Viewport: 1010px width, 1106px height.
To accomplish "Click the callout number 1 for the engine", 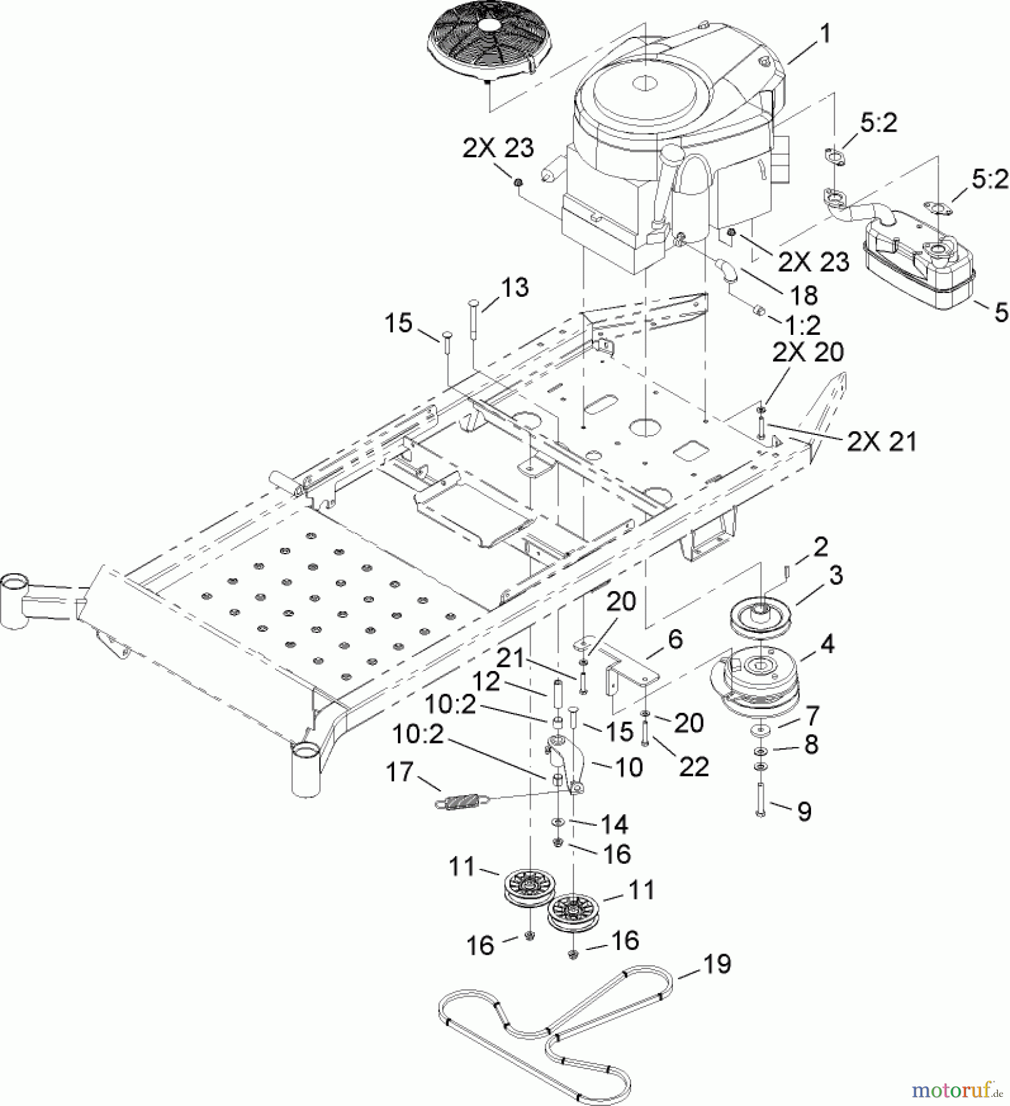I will (825, 35).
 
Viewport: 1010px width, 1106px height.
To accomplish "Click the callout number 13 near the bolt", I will (515, 287).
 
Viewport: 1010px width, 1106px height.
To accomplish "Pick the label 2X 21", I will (882, 441).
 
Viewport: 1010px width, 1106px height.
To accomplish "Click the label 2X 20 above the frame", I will (808, 352).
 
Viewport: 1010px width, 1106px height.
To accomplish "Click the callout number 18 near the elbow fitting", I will (804, 296).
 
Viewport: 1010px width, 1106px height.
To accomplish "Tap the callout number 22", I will (694, 766).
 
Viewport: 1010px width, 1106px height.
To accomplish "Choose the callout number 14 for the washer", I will (614, 824).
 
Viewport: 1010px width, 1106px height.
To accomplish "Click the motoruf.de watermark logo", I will (958, 1089).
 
